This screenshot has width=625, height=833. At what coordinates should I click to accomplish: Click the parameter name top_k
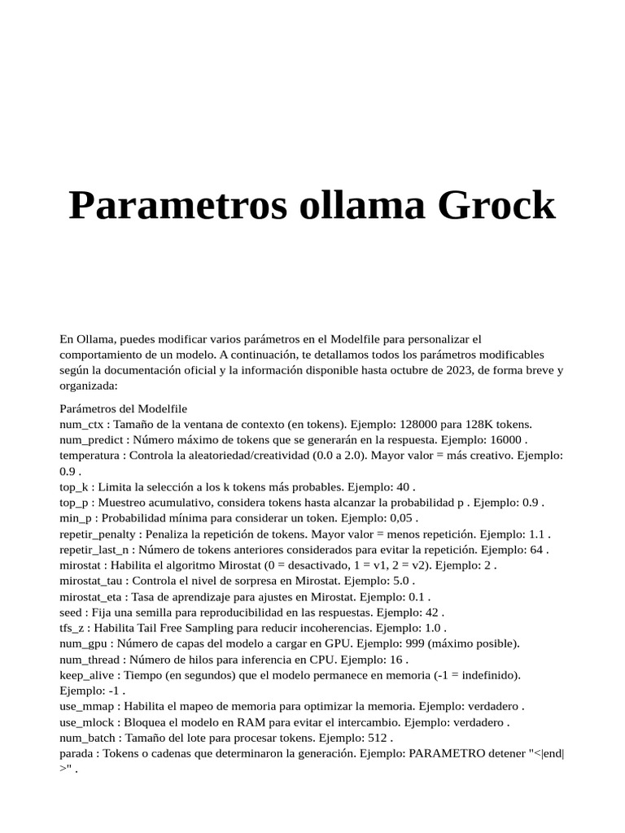pyautogui.click(x=74, y=486)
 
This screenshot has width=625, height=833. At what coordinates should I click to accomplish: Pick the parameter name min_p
pyautogui.click(x=76, y=518)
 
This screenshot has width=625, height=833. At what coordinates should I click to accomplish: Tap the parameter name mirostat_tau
pyautogui.click(x=91, y=581)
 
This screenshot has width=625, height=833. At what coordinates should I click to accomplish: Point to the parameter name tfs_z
pyautogui.click(x=74, y=627)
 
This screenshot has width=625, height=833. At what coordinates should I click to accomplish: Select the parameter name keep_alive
pyautogui.click(x=89, y=674)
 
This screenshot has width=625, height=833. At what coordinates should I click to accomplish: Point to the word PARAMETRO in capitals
pyautogui.click(x=444, y=752)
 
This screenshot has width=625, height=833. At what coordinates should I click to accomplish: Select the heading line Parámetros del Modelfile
pyautogui.click(x=124, y=408)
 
